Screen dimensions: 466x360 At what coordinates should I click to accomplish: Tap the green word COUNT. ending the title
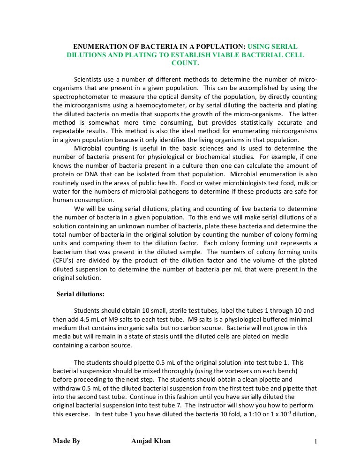[x=186, y=63]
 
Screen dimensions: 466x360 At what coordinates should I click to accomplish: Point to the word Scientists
[x=90, y=78]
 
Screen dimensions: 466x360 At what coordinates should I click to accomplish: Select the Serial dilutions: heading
[x=81, y=294]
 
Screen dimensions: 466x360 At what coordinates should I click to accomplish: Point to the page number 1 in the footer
[x=316, y=441]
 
